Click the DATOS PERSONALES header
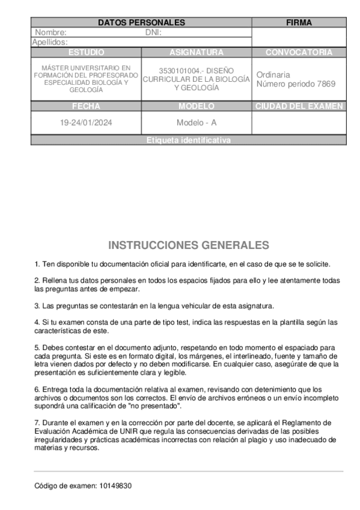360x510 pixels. (141, 23)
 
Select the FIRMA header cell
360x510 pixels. (299, 23)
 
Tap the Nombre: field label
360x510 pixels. (51, 32)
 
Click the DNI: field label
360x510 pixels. (153, 32)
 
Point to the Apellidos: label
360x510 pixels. (50, 42)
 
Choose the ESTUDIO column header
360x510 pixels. (86, 52)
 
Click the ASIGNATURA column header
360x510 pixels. (197, 52)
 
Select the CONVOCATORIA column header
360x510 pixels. (299, 52)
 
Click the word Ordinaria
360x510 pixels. (273, 75)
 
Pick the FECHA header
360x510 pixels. (86, 106)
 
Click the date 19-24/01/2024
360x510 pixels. (86, 123)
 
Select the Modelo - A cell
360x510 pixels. (197, 123)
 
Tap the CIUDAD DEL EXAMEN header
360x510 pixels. (299, 106)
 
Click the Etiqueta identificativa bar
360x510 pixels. (188, 140)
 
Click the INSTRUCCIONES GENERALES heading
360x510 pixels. (188, 245)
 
